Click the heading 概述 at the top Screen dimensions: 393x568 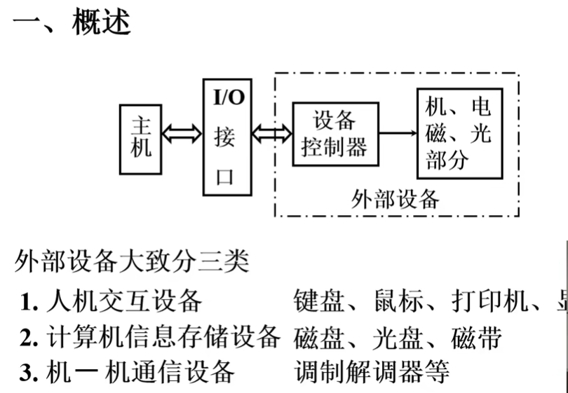click(x=101, y=22)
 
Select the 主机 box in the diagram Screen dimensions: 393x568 click(x=141, y=139)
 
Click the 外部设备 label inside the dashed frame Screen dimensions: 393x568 click(x=395, y=199)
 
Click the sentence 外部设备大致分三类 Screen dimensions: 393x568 click(x=131, y=264)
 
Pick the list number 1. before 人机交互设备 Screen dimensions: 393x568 click(x=29, y=302)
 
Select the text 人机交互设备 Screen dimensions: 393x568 click(x=124, y=302)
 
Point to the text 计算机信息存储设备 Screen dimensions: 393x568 click(x=164, y=338)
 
